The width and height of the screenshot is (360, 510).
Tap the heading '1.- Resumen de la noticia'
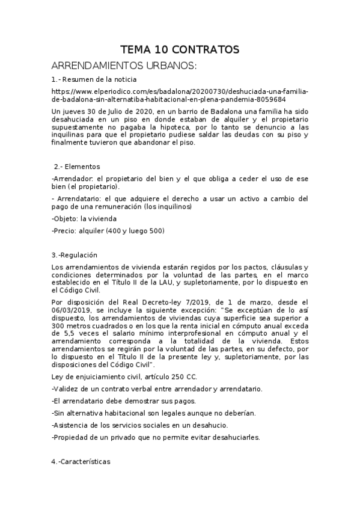[94, 79]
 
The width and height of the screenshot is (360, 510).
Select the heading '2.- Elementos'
[77, 166]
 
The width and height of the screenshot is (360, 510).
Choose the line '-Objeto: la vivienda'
[84, 218]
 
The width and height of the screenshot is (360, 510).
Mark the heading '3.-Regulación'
[75, 254]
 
